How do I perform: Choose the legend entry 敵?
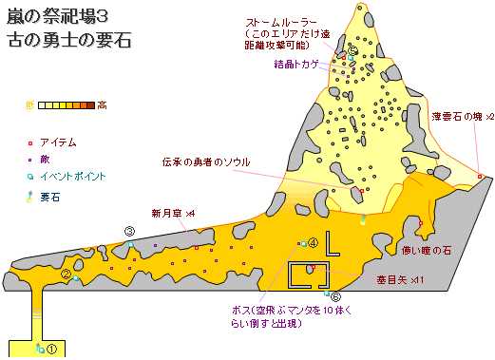(x=45, y=159)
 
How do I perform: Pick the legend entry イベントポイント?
(x=72, y=176)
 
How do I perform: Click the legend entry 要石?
(x=50, y=196)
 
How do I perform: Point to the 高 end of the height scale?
(x=102, y=104)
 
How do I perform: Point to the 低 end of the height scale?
(x=30, y=104)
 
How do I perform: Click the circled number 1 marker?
(x=52, y=349)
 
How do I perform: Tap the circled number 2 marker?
(x=67, y=275)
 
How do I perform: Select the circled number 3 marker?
(x=129, y=231)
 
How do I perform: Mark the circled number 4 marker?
(x=312, y=243)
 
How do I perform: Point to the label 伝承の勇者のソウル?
(x=205, y=161)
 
